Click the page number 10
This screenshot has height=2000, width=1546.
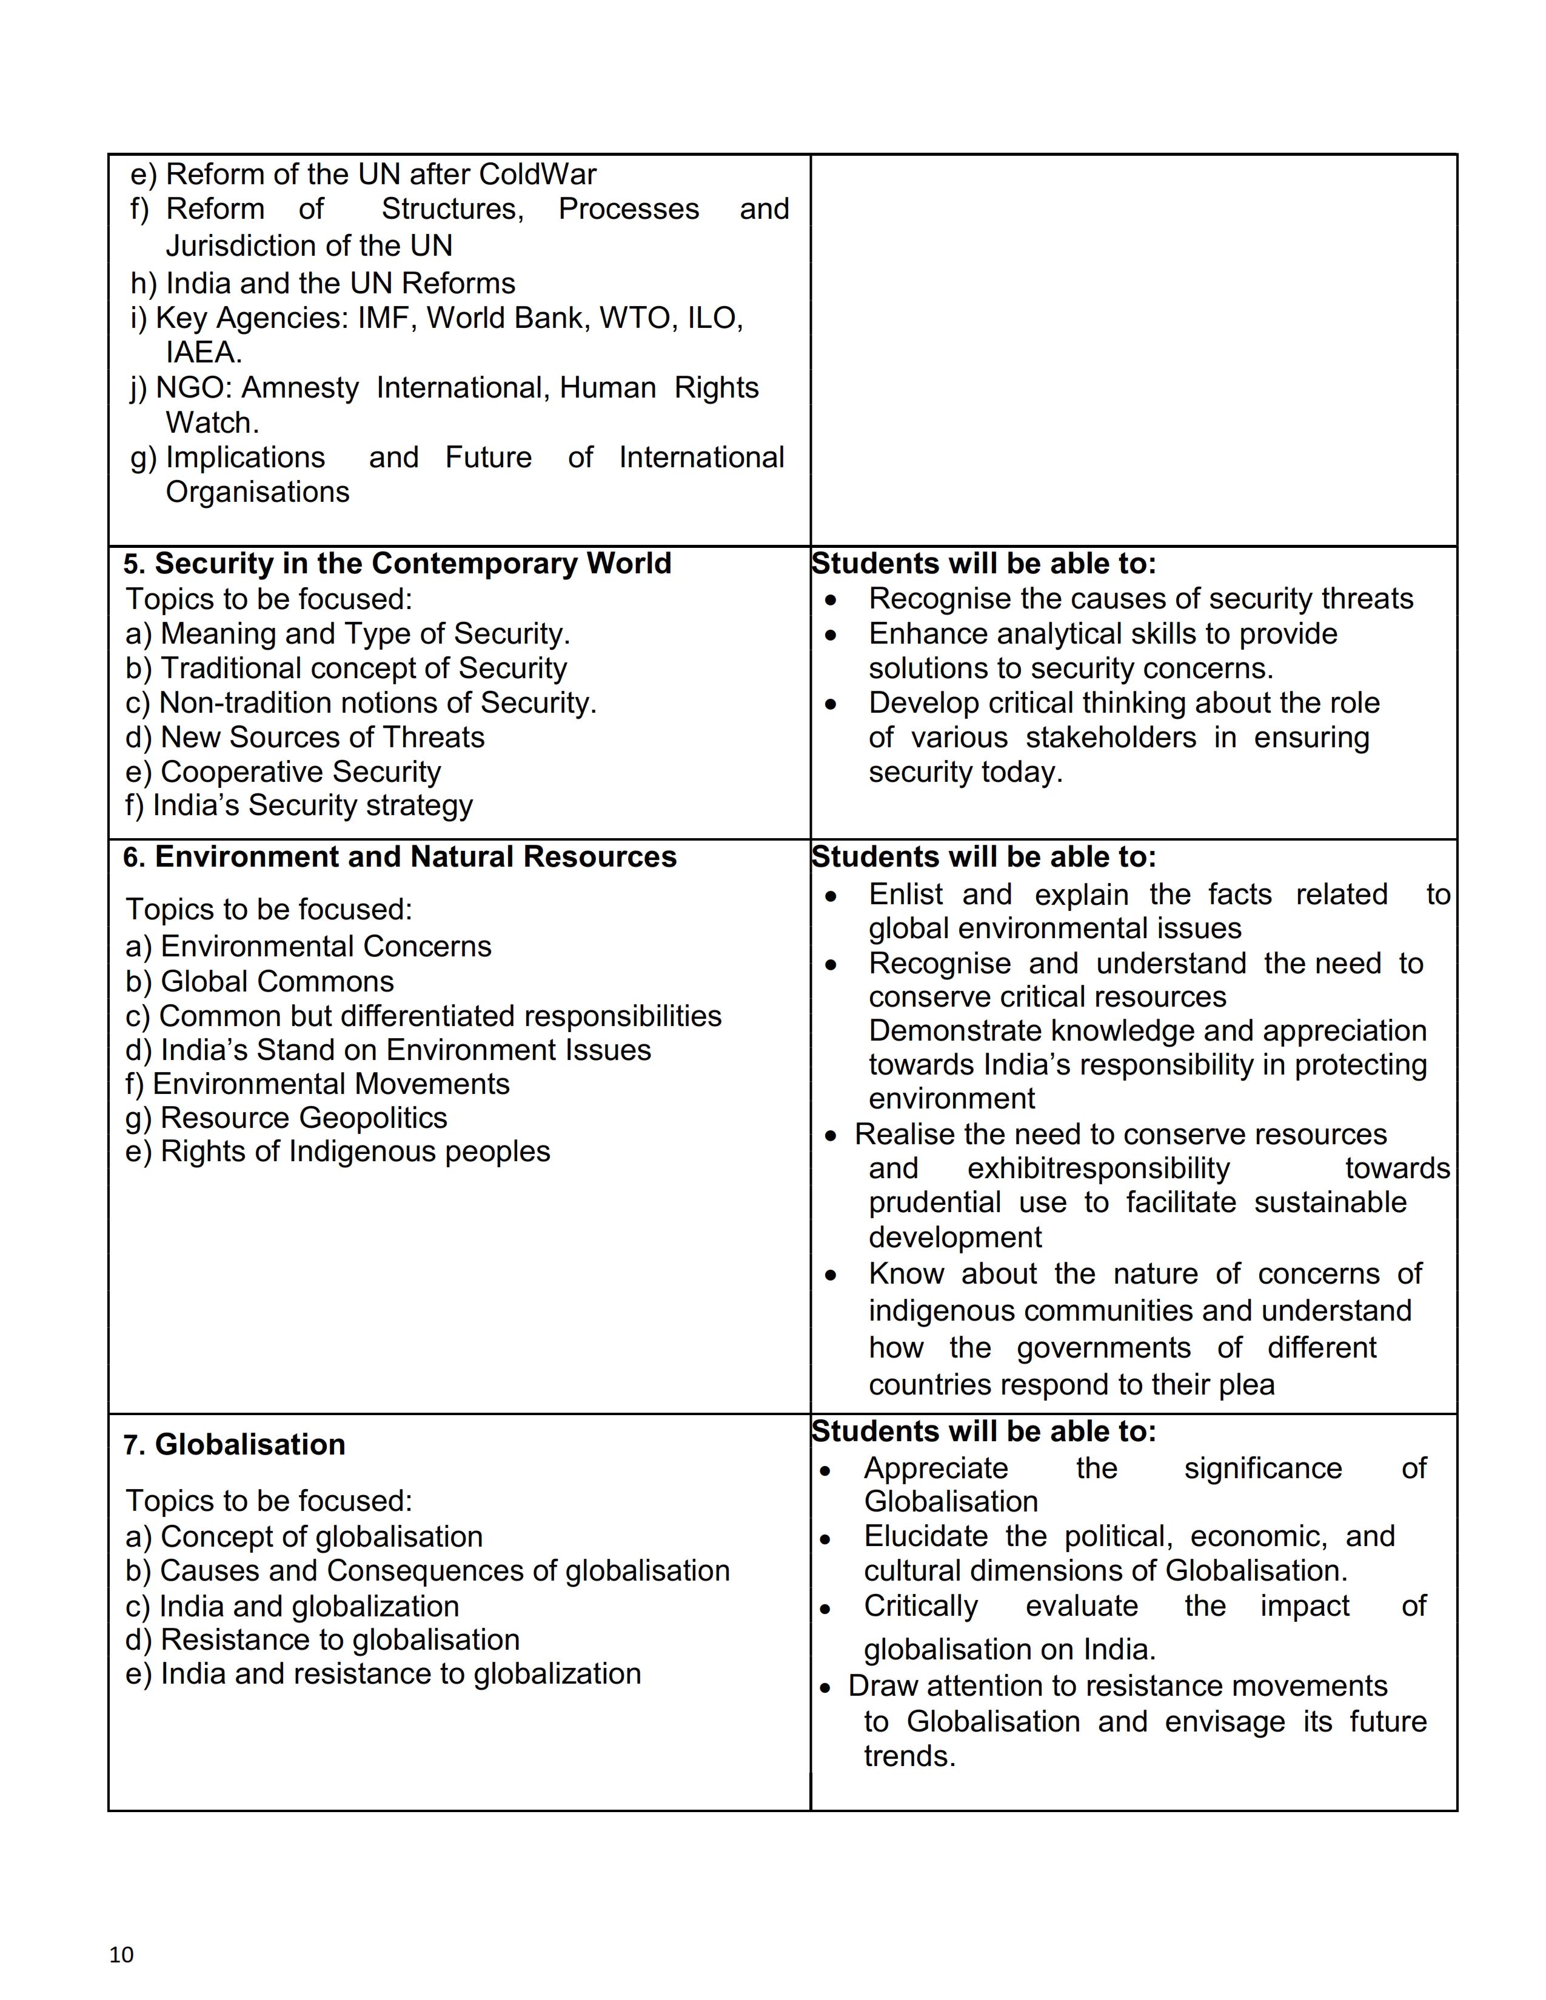pyautogui.click(x=121, y=1954)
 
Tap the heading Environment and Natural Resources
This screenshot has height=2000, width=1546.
pyautogui.click(x=400, y=856)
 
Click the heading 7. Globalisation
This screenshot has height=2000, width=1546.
pyautogui.click(x=235, y=1444)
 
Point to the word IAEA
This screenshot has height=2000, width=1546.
pyautogui.click(x=203, y=353)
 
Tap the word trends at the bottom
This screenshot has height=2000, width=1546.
pyautogui.click(x=909, y=1756)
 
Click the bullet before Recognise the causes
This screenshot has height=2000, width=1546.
pyautogui.click(x=831, y=600)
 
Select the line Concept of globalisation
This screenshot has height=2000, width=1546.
pyautogui.click(x=304, y=1536)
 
